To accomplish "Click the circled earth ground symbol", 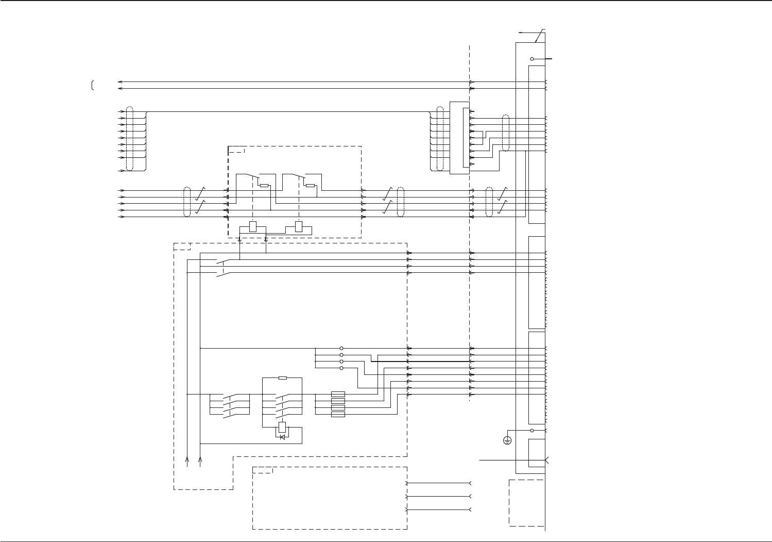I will coord(507,440).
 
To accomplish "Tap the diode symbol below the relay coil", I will coord(282,437).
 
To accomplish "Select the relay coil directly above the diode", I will coord(282,427).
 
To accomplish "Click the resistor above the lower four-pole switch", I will coord(282,378).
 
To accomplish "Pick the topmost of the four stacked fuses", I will coord(338,395).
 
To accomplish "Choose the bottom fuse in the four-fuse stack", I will coord(338,414).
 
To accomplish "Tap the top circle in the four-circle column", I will coord(341,349).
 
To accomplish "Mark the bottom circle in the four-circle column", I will coord(341,368).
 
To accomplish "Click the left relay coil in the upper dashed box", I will coord(252,226).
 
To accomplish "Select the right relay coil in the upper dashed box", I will coord(299,226).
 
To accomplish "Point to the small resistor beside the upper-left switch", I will coord(264,186).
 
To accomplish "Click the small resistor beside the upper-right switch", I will coord(310,186).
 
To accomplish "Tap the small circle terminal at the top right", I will coord(532,59).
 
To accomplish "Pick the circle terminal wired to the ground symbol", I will coord(532,430).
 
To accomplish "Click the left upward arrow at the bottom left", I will coord(187,461).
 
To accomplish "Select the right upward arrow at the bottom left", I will coord(200,461).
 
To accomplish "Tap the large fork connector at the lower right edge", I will coord(546,459).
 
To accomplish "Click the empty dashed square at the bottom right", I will coord(526,503).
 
